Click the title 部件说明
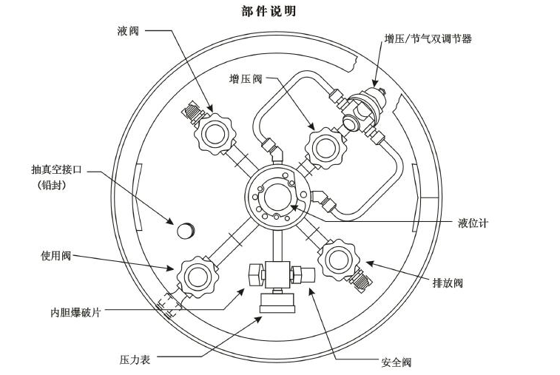coord(270,11)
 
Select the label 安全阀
coord(397,362)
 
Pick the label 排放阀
coord(447,282)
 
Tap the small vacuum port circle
coord(185,230)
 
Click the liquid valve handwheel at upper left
coord(216,134)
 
